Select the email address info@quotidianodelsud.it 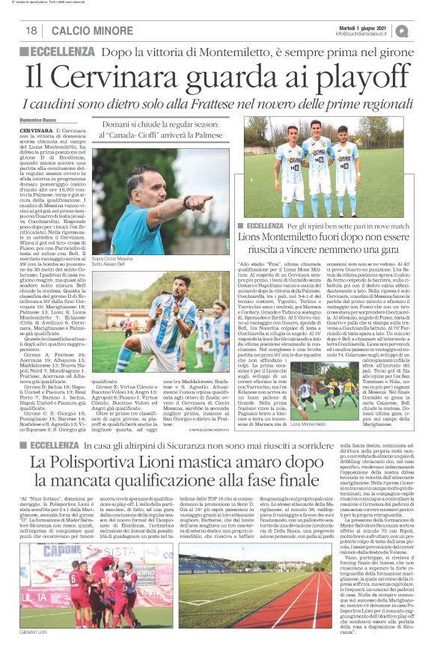(x=364, y=34)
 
